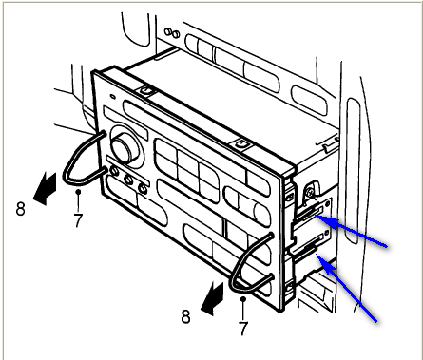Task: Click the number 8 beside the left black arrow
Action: pos(21,209)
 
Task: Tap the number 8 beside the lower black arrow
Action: pos(186,316)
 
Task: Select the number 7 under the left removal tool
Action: pos(78,220)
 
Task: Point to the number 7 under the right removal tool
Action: pos(243,329)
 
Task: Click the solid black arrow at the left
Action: pos(45,188)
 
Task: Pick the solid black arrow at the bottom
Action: pos(212,298)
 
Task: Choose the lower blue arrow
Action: pos(347,288)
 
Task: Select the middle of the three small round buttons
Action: pos(128,180)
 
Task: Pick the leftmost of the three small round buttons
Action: pos(113,172)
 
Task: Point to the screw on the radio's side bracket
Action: pos(310,191)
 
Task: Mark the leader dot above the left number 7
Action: pos(78,192)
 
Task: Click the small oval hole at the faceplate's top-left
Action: pos(112,97)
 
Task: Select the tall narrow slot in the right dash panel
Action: pos(353,171)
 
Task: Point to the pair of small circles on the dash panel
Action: pos(172,33)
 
